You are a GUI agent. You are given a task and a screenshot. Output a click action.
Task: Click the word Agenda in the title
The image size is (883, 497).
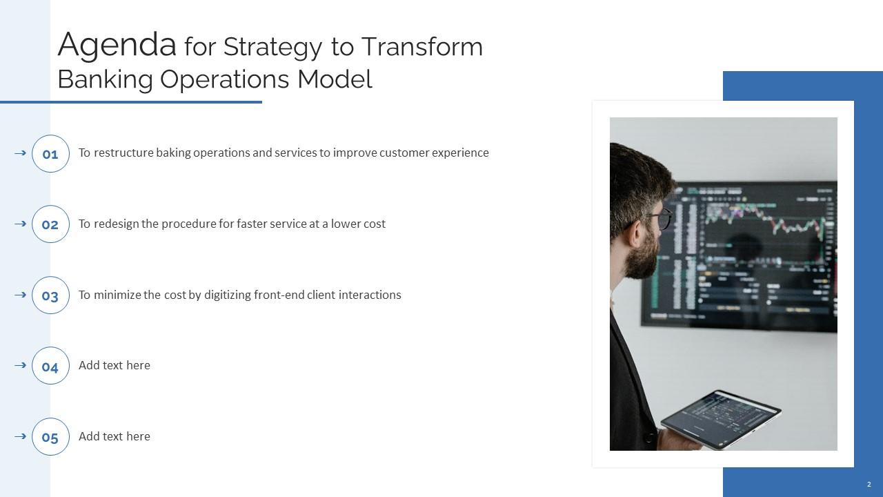(x=117, y=46)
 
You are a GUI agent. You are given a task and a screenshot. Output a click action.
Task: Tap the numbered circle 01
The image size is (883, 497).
(x=50, y=154)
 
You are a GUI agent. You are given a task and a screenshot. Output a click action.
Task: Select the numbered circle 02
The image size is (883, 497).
(x=50, y=224)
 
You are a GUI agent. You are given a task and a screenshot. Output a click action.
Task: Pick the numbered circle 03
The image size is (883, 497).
(x=50, y=295)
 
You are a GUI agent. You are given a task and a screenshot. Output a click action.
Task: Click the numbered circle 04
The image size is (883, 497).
(x=50, y=367)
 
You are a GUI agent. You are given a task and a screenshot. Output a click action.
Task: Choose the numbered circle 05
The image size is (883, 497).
(x=50, y=437)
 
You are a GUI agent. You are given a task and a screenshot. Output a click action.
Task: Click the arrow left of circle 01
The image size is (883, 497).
(x=20, y=153)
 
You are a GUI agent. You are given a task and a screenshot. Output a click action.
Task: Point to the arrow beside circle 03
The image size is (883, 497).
(x=20, y=295)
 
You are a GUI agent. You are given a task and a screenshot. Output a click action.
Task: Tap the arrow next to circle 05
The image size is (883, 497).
(x=20, y=436)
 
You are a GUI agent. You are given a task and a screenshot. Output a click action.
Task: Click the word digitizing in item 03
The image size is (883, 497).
(x=227, y=295)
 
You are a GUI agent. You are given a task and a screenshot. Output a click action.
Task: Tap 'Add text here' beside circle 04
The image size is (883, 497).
(x=115, y=365)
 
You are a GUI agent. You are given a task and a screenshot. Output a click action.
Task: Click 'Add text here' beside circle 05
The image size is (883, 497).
(x=115, y=436)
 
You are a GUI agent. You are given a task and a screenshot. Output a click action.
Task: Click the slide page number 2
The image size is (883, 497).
(x=869, y=485)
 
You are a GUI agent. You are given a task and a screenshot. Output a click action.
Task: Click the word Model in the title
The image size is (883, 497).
(x=335, y=79)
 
